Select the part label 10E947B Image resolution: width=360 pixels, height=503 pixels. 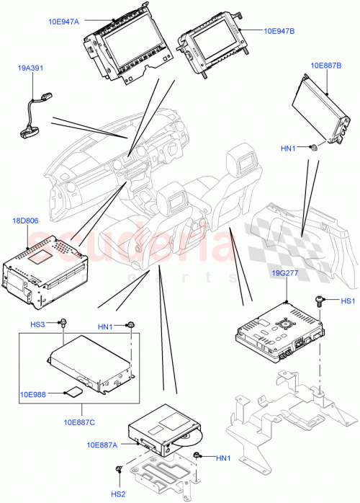coord(279,32)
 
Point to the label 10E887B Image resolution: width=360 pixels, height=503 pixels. coord(325,66)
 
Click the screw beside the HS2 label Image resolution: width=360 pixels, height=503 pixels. coord(118,471)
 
